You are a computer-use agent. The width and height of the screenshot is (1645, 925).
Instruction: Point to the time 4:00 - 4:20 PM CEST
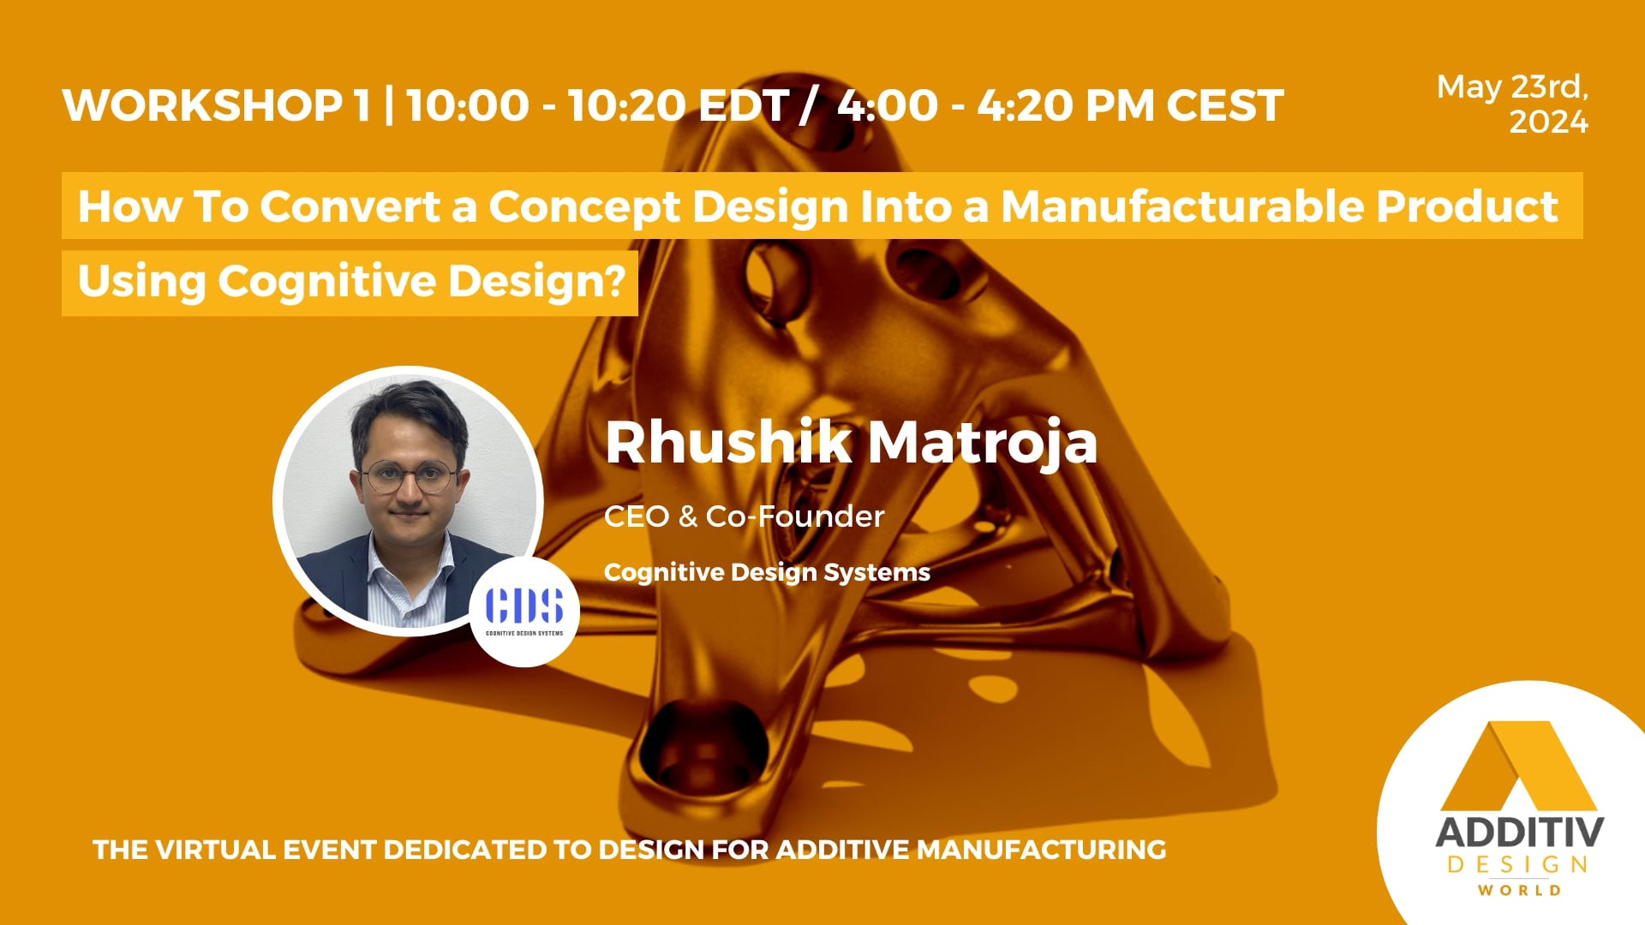click(x=1060, y=106)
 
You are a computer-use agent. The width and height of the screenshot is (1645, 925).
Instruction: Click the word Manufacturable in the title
click(x=1181, y=206)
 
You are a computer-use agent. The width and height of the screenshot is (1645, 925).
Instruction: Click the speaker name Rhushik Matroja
click(x=851, y=442)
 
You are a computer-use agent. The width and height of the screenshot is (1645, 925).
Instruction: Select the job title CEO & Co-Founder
click(x=744, y=516)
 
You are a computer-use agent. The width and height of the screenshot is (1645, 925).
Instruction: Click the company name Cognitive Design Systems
click(x=767, y=572)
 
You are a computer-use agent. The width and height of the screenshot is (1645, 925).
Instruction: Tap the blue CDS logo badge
click(x=524, y=610)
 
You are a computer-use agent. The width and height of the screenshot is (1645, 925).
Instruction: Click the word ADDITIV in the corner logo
click(x=1518, y=832)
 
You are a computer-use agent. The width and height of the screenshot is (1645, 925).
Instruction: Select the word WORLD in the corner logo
click(x=1519, y=891)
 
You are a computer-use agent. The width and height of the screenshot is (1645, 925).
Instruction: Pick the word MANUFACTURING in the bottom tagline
click(x=1041, y=850)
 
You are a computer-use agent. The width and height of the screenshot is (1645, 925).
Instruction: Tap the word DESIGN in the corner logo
click(x=1518, y=865)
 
